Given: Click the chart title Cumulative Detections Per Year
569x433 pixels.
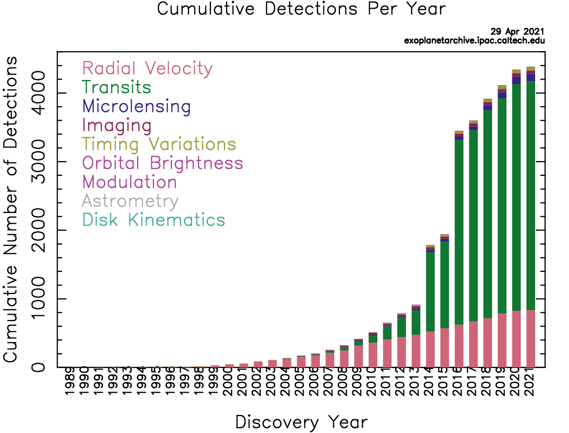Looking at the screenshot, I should tap(301, 9).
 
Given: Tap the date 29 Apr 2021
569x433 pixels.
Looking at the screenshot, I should tap(517, 32).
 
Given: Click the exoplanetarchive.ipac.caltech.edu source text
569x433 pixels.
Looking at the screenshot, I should tap(474, 40).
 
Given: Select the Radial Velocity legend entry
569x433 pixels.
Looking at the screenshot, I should tap(147, 69).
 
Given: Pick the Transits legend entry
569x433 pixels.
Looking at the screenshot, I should tap(116, 88).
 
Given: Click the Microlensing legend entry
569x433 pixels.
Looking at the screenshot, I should tap(136, 107).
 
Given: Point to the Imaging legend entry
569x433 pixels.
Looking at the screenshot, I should tap(117, 126).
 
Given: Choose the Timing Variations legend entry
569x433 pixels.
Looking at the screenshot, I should tap(159, 145).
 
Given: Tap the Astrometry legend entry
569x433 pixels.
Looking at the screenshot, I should tap(130, 201).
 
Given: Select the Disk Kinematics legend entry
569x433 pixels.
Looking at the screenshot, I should tap(154, 220).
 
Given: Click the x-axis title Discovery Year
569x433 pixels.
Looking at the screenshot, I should tap(301, 422).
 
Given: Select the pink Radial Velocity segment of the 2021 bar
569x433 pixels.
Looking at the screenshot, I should tap(530, 338).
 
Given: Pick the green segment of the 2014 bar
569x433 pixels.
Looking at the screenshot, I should tap(430, 291).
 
